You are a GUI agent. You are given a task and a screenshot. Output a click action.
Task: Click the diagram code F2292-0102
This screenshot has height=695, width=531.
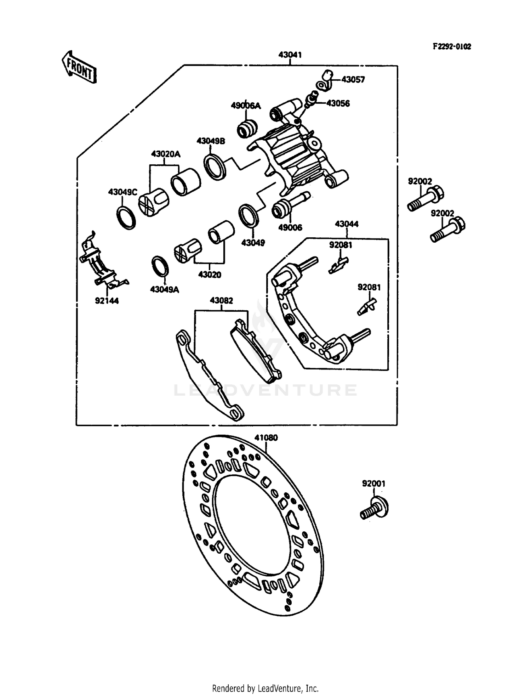tap(451, 47)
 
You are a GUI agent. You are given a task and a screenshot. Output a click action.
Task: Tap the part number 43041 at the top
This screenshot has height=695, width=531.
tap(290, 55)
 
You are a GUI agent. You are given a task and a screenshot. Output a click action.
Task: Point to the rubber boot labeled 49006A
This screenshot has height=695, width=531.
tap(247, 129)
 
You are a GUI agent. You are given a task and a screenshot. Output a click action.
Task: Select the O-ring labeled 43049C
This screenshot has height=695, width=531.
tap(126, 217)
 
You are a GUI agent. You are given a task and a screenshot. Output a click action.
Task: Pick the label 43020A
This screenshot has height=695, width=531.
tap(165, 154)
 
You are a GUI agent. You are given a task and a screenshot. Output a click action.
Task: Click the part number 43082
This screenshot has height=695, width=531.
tap(221, 301)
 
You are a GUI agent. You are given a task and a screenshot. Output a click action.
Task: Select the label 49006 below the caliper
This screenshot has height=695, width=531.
tap(290, 228)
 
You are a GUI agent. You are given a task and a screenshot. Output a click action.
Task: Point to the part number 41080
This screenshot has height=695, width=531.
tap(266, 438)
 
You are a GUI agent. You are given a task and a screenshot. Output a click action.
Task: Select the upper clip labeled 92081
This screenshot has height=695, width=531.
tap(338, 265)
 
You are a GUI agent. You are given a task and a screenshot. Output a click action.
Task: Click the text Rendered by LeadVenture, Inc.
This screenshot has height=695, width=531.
tap(265, 688)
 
